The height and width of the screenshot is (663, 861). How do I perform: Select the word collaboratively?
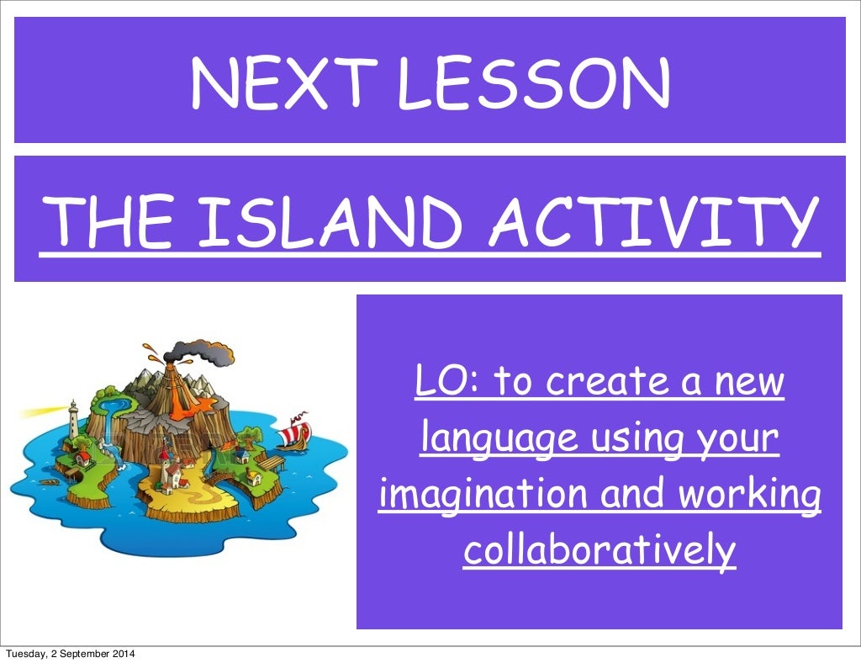[x=600, y=550]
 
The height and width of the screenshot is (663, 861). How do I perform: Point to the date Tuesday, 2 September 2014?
[x=71, y=655]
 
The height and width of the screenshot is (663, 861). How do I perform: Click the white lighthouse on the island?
[x=74, y=417]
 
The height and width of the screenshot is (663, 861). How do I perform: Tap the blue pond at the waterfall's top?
[x=110, y=407]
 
